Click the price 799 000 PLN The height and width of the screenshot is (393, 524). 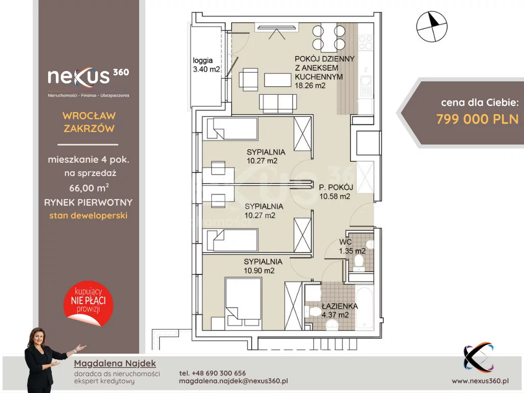477,119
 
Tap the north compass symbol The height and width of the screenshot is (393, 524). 432,27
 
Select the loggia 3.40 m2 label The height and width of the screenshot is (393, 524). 206,65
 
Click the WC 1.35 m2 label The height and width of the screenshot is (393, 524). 352,246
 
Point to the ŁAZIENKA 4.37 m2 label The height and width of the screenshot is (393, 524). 340,311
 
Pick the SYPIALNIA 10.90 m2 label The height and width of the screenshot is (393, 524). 263,266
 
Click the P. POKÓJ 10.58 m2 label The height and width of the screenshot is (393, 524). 336,192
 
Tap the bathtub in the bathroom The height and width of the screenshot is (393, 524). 364,308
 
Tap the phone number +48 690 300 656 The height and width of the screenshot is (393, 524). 212,373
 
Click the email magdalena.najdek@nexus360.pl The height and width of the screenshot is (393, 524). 233,381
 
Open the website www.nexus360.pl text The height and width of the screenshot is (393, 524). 480,381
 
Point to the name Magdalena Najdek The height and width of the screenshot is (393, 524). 115,363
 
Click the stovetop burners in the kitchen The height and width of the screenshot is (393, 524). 365,42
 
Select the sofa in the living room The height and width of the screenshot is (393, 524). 278,103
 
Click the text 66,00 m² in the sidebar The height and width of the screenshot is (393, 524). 89,187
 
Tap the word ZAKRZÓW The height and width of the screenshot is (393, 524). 89,128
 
